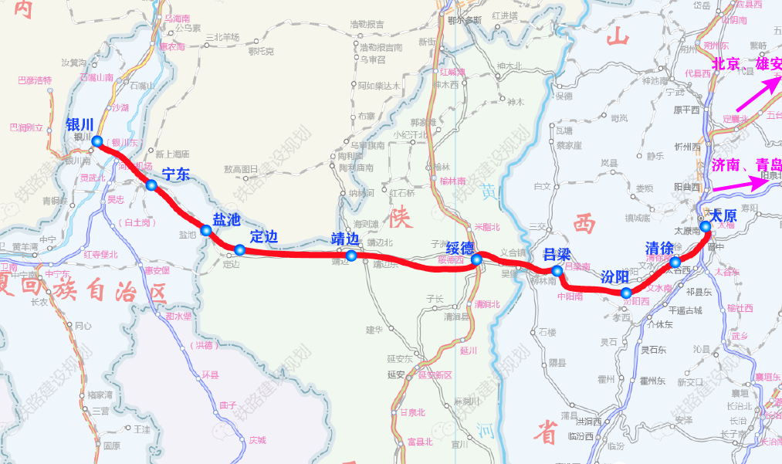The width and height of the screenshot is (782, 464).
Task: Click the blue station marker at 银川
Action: pos(97,141)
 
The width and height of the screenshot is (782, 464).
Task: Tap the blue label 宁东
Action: pos(176,174)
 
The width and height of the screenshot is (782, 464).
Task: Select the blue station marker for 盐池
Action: pos(206,229)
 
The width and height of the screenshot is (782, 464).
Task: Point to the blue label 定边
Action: pos(264,236)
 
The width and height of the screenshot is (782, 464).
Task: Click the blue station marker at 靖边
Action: pos(351,256)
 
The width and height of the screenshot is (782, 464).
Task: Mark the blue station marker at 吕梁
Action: pos(557,271)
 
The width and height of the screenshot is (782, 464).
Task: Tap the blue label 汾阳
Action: pos(614,276)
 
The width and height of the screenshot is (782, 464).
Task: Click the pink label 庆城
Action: pos(257,440)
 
